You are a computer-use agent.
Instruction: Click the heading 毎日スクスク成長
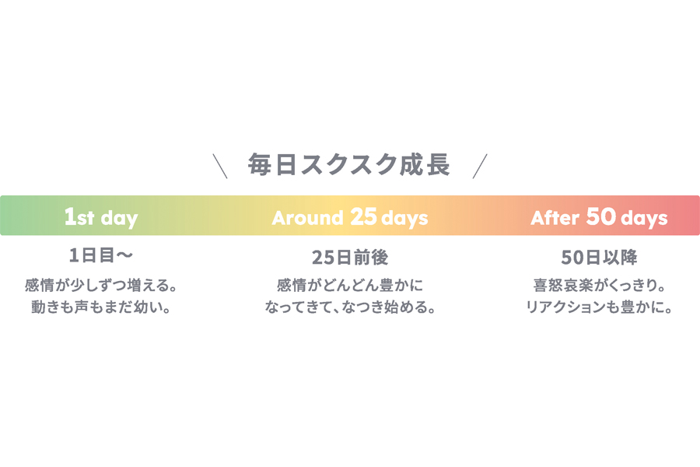tap(348, 164)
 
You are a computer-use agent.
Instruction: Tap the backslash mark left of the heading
tap(220, 166)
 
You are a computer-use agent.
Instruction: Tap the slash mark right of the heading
tap(480, 166)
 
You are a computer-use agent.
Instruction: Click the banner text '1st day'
tap(101, 218)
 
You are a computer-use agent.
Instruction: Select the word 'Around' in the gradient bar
tap(307, 218)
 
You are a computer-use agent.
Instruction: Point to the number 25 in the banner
tap(363, 216)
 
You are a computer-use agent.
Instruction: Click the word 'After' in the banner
tap(555, 218)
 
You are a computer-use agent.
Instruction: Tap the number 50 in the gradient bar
tap(601, 216)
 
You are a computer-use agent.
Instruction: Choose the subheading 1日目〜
tap(101, 255)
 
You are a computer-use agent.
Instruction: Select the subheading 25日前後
tap(350, 258)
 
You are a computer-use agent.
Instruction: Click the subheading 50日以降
tap(599, 258)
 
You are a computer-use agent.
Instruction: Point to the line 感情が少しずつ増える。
tap(101, 285)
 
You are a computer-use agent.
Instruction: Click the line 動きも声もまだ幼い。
tap(101, 307)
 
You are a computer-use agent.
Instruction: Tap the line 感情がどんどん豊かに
tap(350, 285)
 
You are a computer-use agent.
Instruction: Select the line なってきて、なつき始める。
tap(350, 307)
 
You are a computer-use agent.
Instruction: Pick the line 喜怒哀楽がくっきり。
tap(599, 285)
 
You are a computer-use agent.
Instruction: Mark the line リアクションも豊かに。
tap(599, 307)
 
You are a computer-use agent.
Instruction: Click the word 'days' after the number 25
tap(404, 219)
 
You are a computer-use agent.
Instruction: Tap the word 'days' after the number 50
tap(644, 219)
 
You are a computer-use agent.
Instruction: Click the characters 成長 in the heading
tap(424, 164)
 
